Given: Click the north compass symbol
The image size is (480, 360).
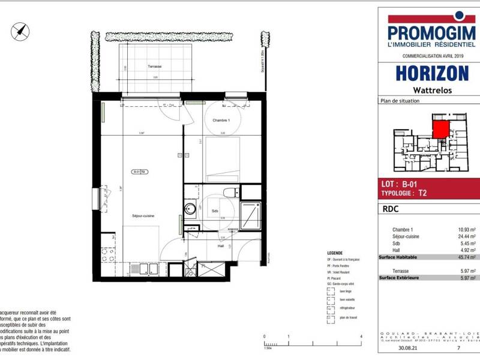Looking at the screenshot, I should tap(20, 31).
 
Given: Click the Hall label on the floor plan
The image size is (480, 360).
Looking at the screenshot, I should tap(220, 245).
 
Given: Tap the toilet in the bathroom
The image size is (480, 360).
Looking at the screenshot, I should tap(229, 193).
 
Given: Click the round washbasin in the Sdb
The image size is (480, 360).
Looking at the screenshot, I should tap(190, 209).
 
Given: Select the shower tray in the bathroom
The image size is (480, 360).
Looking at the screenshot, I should tap(250, 215).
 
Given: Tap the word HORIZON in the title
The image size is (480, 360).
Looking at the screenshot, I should tap(431, 73).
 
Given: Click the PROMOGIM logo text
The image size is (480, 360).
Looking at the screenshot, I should tap(431, 32).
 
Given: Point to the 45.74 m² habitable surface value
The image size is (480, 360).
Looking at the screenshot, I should tap(466, 257).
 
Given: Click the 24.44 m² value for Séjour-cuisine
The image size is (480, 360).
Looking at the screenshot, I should tap(466, 236).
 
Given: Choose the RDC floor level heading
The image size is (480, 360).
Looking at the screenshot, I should tap(391, 211).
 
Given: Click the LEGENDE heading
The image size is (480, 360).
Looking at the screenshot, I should tap(335, 253).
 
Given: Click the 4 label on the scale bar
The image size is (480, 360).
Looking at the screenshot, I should tap(361, 338).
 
